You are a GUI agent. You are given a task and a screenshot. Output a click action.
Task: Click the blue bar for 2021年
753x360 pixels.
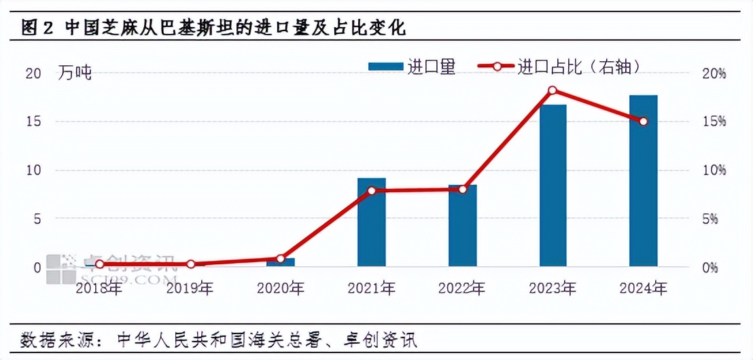point(371,222)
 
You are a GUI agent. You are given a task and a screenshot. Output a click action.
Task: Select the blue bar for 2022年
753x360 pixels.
point(462,226)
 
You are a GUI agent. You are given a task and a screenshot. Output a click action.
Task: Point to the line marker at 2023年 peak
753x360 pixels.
point(553,90)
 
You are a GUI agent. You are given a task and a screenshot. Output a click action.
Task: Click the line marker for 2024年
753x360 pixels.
point(644,122)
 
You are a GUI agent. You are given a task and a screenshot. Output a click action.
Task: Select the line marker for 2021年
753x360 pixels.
point(371,191)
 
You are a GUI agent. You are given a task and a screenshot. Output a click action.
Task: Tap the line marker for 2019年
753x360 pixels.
point(190,264)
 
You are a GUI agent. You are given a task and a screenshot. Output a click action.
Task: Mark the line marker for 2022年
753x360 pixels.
point(462,190)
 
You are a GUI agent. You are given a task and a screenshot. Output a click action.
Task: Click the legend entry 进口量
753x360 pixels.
point(411,67)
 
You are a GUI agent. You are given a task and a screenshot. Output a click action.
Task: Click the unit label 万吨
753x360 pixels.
point(75,73)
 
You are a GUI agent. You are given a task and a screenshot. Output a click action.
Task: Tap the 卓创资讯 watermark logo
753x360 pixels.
point(109,269)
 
